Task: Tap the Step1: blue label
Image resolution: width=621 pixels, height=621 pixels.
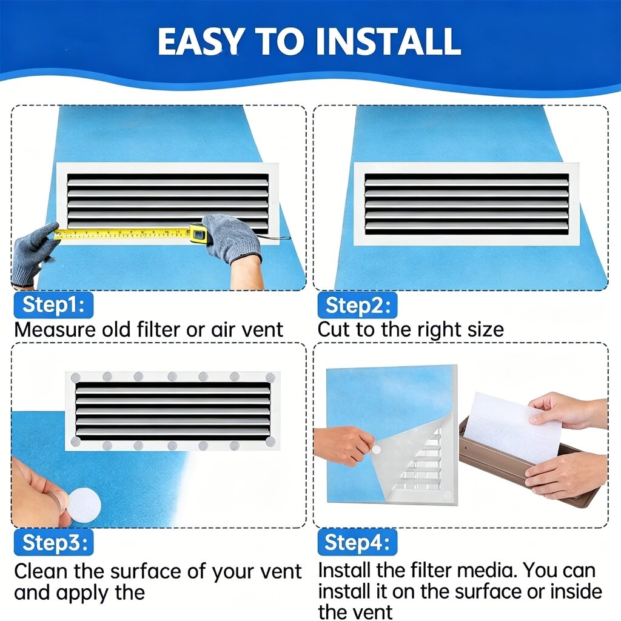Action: click(53, 305)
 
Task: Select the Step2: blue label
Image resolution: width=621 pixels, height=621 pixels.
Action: click(357, 305)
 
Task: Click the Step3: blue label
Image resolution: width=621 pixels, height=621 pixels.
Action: click(53, 542)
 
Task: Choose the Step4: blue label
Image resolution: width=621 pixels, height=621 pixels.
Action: click(357, 542)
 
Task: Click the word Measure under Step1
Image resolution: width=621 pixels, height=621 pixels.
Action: click(54, 329)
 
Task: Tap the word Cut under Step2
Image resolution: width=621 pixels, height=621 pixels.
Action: click(334, 329)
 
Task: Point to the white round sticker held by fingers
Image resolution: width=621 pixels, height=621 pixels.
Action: click(84, 505)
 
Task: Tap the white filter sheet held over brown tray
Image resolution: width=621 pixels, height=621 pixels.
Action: click(515, 427)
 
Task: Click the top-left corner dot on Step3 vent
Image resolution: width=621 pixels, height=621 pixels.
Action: click(76, 377)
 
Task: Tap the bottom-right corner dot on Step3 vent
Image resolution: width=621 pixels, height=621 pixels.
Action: click(270, 441)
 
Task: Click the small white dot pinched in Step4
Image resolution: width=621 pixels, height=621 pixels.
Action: click(376, 450)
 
